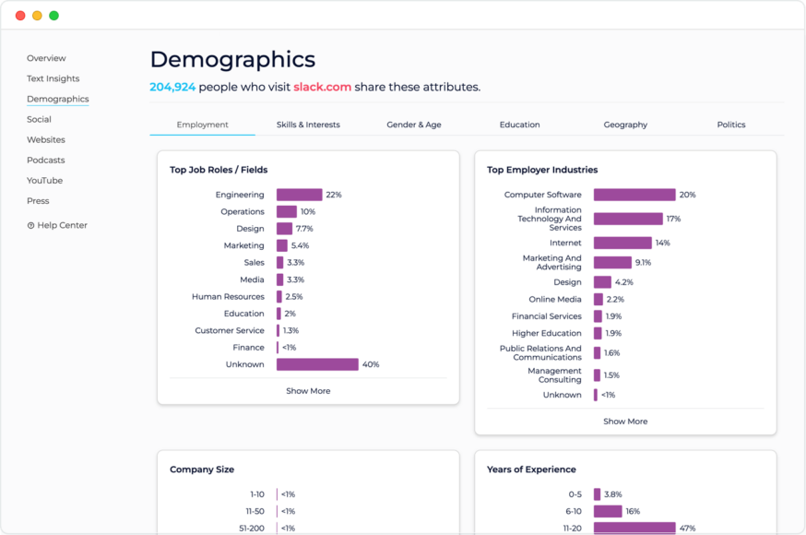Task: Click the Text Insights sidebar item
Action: (x=53, y=78)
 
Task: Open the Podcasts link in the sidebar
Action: (x=45, y=160)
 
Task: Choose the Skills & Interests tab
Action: (x=308, y=125)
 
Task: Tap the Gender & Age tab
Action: (x=414, y=125)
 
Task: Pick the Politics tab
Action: (x=730, y=125)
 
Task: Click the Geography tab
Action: (x=625, y=125)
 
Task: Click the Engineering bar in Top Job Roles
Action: (x=299, y=195)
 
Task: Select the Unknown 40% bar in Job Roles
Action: (x=317, y=364)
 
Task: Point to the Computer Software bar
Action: (x=634, y=195)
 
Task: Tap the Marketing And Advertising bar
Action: (x=612, y=262)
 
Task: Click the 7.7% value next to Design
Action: (x=304, y=229)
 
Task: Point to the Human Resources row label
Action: (x=228, y=297)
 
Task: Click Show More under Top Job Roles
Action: (x=308, y=391)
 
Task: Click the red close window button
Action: (x=20, y=16)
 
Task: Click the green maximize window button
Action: (x=53, y=16)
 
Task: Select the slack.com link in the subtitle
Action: (x=322, y=87)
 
